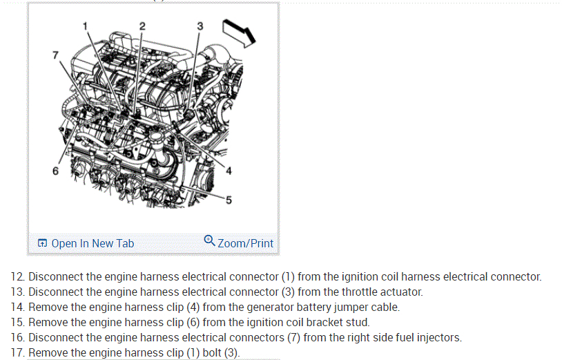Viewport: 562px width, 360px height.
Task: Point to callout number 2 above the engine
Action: [x=142, y=26]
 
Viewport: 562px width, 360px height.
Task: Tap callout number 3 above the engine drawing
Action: [x=200, y=26]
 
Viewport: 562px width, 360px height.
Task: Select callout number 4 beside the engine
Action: [x=229, y=171]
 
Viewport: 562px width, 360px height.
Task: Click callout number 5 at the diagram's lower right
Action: [x=229, y=200]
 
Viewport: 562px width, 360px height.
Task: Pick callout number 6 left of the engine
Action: [x=56, y=170]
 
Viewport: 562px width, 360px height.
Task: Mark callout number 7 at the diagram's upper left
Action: [x=56, y=55]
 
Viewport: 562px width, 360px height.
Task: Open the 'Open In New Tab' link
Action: [x=93, y=243]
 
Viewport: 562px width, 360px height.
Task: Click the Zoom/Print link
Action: [x=245, y=243]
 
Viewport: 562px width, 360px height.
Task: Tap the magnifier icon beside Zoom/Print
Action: [x=210, y=241]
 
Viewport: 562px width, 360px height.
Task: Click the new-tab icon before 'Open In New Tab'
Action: [x=43, y=243]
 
